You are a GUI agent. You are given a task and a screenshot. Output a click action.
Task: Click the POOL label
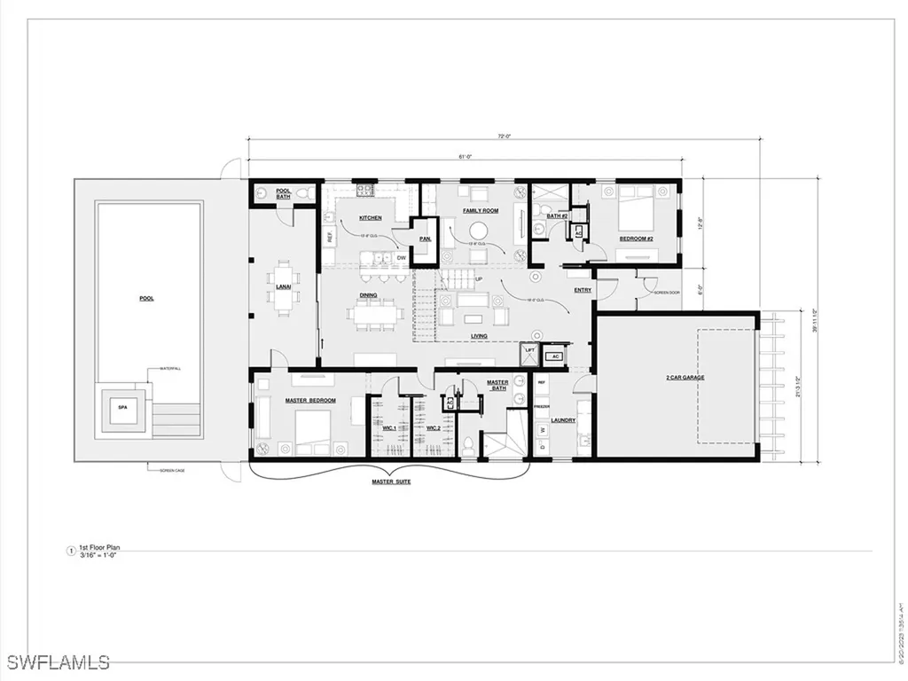tap(146, 299)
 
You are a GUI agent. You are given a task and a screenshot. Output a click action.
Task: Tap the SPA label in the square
tap(121, 407)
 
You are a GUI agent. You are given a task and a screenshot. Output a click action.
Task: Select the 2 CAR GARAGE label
tap(685, 378)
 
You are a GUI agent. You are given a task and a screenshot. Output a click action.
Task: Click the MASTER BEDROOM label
tap(310, 401)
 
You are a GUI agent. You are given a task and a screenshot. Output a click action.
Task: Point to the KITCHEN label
tap(371, 217)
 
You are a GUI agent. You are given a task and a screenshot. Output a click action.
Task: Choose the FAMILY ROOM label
tap(481, 211)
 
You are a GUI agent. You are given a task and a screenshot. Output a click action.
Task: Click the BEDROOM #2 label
tap(636, 239)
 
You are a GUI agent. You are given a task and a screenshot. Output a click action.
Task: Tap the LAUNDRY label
tap(563, 420)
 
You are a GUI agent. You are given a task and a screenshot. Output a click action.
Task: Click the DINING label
tap(368, 295)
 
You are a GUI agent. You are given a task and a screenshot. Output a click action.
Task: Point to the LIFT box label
tap(530, 351)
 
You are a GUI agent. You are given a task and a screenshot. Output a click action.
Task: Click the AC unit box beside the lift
tap(555, 356)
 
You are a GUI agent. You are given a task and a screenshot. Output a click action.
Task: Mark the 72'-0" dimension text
tap(505, 136)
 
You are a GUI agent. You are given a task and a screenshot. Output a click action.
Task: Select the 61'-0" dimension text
tap(464, 156)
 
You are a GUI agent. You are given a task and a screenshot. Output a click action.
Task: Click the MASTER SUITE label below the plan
tap(390, 481)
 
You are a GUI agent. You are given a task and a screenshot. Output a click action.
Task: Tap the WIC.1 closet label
tap(388, 428)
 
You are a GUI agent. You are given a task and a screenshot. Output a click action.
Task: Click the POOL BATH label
tap(284, 193)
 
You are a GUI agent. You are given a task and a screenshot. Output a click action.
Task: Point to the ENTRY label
tap(583, 290)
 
